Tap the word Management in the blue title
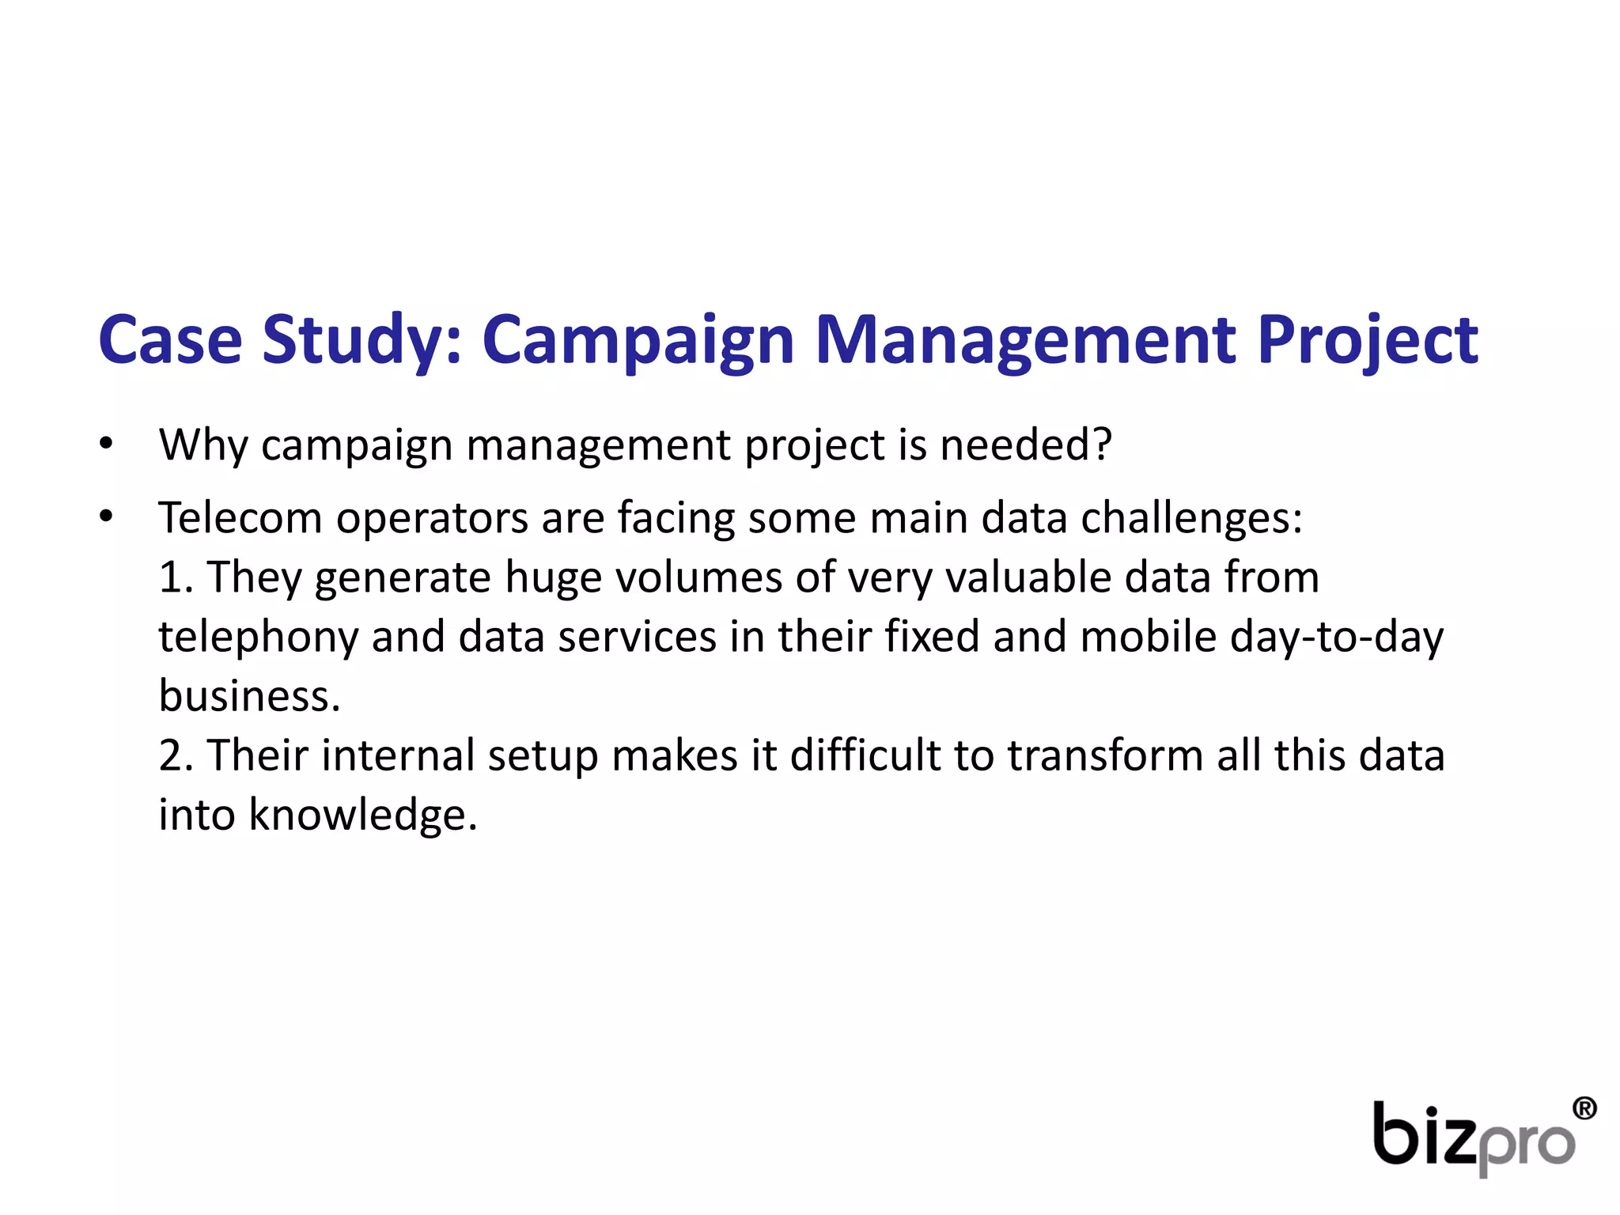[x=1025, y=340]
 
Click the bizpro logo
[x=1475, y=1137]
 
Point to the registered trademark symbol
[x=1583, y=1108]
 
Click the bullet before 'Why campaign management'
[x=107, y=445]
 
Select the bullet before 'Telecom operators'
[x=107, y=517]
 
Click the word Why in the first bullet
[x=203, y=445]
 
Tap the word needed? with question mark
[x=1025, y=445]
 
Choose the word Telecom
[x=240, y=518]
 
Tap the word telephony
[x=259, y=638]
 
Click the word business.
[x=249, y=696]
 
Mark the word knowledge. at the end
[x=363, y=815]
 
